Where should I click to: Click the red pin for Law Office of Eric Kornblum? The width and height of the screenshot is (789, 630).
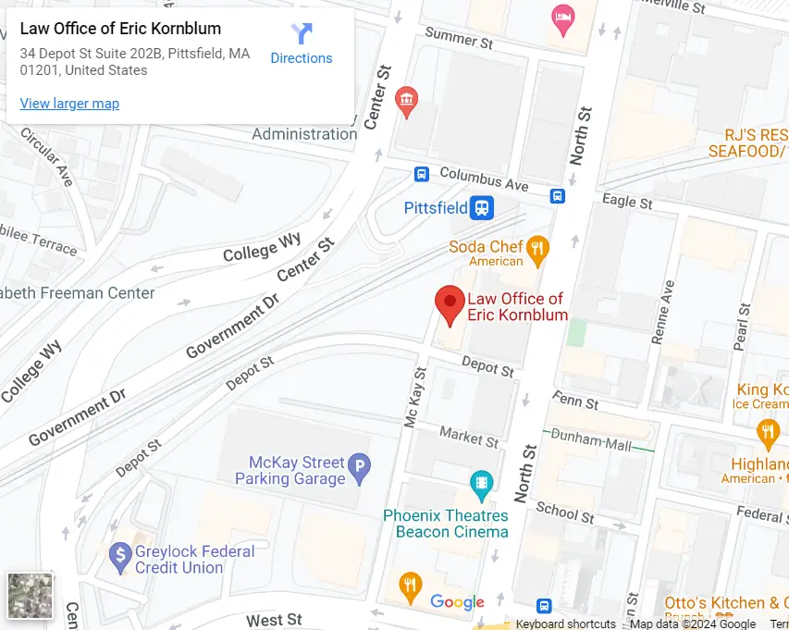tap(450, 303)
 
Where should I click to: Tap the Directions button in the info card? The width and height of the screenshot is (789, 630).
tap(301, 43)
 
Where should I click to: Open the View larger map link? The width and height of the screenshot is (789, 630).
tap(69, 104)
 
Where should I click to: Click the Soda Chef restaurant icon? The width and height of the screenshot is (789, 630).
tap(537, 248)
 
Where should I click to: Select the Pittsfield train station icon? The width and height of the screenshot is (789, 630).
tap(481, 208)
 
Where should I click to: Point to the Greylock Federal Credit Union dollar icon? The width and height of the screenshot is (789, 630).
tap(119, 555)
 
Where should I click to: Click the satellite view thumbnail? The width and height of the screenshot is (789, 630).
tap(31, 595)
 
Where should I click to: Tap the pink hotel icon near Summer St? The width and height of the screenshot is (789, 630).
tap(562, 18)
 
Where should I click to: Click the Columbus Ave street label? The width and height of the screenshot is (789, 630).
tap(484, 179)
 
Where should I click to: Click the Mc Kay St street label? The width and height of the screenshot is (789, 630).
tap(415, 397)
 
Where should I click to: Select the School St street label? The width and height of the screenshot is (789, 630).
tap(564, 511)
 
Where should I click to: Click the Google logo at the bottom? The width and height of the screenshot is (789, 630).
tap(457, 602)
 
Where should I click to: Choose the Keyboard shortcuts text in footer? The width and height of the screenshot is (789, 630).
tap(565, 624)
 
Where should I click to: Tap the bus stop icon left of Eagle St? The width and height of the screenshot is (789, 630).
tap(558, 196)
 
